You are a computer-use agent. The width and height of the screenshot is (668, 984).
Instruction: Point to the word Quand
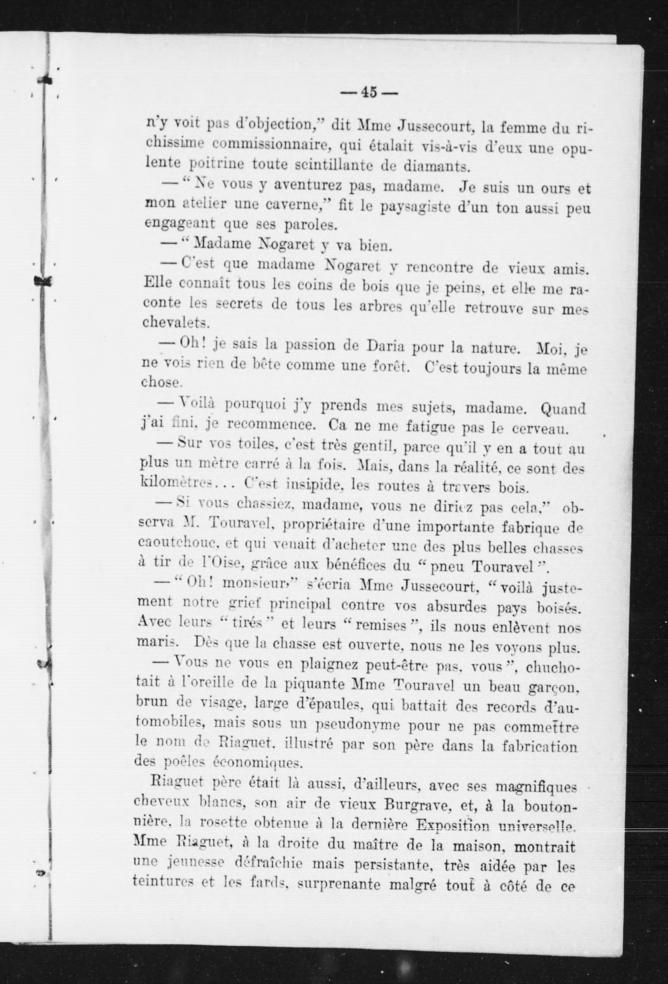[x=563, y=409]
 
